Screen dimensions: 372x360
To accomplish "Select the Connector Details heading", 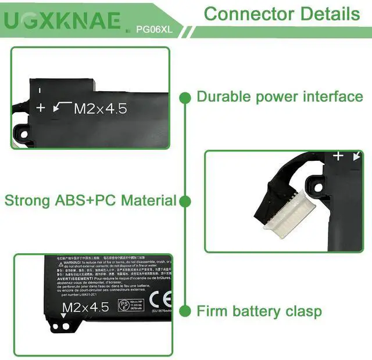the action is [282, 13].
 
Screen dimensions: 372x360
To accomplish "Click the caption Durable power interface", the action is [280, 96].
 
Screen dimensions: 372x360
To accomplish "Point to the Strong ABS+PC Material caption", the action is [90, 201].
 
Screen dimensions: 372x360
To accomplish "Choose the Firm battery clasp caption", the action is [259, 311].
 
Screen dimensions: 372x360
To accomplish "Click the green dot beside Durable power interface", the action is [185, 97].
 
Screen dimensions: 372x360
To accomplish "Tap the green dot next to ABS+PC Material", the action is [185, 201].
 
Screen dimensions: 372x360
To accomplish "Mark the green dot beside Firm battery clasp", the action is [185, 311].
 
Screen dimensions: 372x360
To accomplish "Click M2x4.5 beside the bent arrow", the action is [100, 108].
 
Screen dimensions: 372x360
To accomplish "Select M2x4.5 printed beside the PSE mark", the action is [85, 307].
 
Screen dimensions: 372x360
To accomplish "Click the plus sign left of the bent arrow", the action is [41, 107].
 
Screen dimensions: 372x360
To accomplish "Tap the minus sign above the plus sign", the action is [40, 91].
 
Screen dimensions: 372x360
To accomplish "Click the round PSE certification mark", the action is [124, 304].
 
